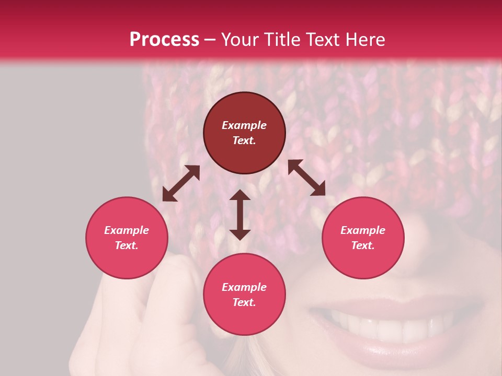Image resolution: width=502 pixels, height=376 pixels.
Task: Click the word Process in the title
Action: (x=164, y=40)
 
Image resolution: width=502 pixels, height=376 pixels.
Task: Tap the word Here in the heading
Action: (x=365, y=40)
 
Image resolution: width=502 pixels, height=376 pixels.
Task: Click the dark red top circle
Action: (x=244, y=133)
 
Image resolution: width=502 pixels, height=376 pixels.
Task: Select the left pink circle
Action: (x=127, y=238)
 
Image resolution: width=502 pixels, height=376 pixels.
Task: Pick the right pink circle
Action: (x=363, y=238)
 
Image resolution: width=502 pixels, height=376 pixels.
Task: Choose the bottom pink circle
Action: (x=244, y=295)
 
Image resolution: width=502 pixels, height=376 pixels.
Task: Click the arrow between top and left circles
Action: (x=181, y=183)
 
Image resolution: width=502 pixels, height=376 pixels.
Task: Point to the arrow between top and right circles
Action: (x=307, y=178)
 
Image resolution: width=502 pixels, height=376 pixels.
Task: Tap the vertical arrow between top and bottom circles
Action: (x=240, y=215)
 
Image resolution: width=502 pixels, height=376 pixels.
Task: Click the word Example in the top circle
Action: (x=244, y=125)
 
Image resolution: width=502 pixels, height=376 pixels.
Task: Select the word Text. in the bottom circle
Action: (x=244, y=302)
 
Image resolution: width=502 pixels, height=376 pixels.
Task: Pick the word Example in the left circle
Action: (x=127, y=230)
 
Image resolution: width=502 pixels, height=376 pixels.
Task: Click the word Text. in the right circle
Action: (x=363, y=245)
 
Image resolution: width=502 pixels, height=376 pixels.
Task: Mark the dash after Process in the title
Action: (x=210, y=40)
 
